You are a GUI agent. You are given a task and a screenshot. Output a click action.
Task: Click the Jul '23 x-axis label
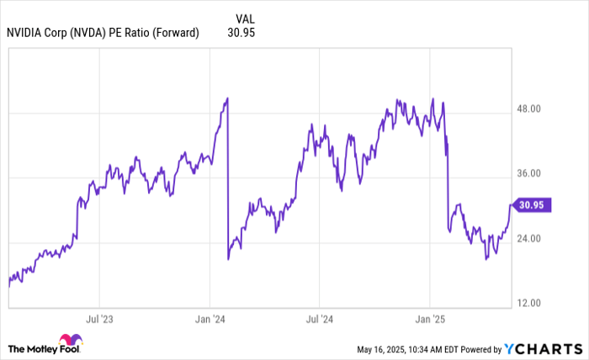[99, 320]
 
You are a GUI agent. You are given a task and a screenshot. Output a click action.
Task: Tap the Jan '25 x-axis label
[431, 320]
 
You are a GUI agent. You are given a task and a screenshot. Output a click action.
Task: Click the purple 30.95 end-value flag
[532, 204]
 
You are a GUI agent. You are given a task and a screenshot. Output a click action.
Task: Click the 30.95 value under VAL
[241, 33]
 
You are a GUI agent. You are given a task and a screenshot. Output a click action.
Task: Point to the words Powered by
[476, 348]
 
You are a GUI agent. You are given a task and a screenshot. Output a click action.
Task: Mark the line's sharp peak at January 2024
[227, 99]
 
